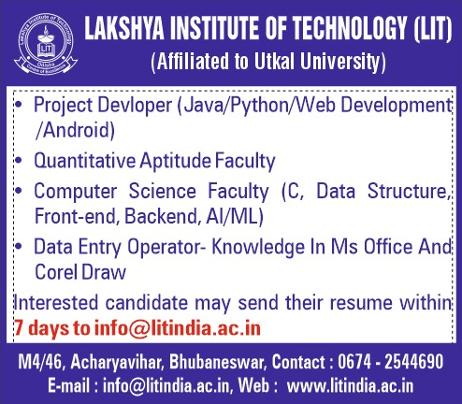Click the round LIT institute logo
point(46,45)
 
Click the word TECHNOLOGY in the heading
point(350,29)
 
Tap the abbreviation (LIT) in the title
point(432,29)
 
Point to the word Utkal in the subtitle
point(274,61)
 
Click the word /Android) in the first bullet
point(75,130)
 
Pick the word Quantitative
point(85,161)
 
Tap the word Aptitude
point(176,161)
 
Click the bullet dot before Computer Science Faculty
point(19,190)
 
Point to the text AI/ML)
point(235,216)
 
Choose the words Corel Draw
point(80,272)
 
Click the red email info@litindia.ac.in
point(178,328)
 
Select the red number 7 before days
point(19,328)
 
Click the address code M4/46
point(41,362)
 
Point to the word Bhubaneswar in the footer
point(218,362)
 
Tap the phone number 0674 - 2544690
point(391,362)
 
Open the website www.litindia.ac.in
point(350,386)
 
